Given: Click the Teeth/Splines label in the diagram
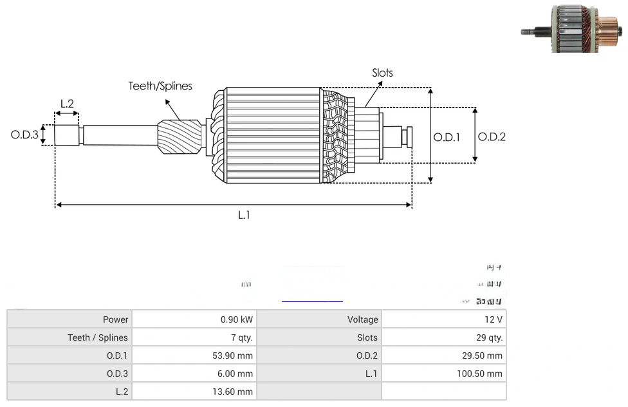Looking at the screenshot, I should (160, 86).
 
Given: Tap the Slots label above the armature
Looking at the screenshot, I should (382, 73).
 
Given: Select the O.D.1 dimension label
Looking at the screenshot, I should (447, 137).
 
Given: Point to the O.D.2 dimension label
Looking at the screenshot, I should (492, 137).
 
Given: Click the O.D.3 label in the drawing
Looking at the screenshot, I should (25, 135).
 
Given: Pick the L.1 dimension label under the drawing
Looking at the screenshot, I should (243, 215).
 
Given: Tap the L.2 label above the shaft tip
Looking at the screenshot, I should (67, 104).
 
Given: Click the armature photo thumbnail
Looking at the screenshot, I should (570, 28).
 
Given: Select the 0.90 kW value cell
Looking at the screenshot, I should (194, 319).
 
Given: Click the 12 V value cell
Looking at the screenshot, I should (443, 319).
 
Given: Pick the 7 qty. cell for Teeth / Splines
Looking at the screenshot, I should (194, 337).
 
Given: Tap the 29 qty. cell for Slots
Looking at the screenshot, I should (443, 337).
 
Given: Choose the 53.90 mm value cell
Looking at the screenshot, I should (194, 355).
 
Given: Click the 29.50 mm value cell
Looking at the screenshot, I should (443, 355).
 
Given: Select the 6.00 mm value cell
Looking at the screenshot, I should (194, 374).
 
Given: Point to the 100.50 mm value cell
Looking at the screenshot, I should (443, 374).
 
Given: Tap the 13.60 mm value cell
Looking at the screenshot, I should (194, 392).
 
